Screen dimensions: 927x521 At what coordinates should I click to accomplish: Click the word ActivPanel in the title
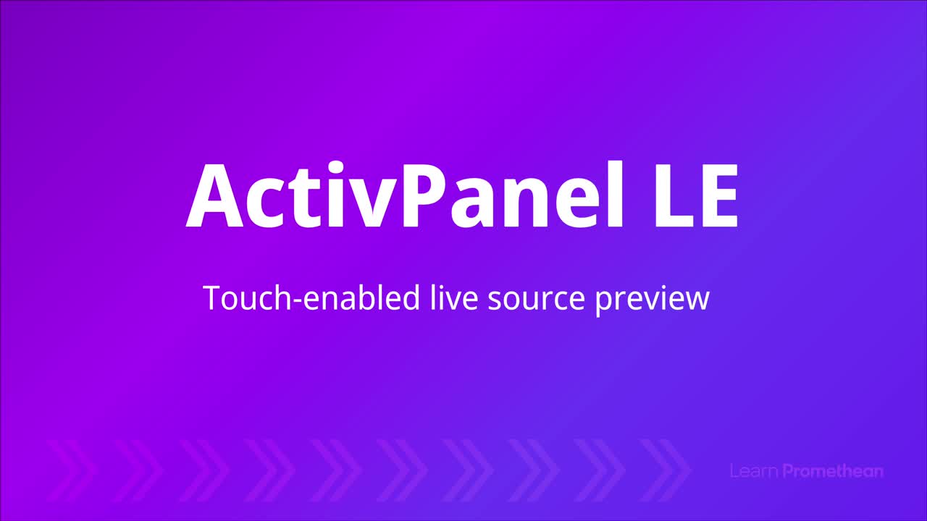click(405, 195)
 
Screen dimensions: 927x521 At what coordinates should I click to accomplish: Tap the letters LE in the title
click(696, 195)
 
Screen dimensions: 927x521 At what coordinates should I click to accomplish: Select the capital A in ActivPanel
click(215, 195)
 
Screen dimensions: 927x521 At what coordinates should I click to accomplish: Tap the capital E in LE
click(720, 195)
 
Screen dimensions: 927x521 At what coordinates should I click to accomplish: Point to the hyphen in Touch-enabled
click(297, 301)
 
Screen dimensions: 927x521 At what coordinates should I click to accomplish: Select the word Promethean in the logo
click(833, 471)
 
